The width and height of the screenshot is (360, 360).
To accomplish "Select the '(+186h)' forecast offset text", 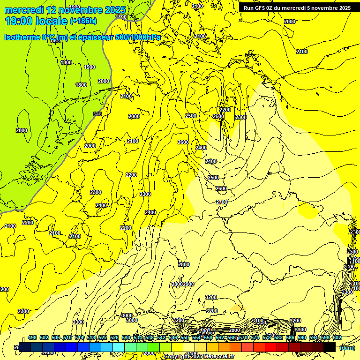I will point(83,21).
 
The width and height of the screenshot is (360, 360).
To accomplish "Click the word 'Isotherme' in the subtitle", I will point(22,37).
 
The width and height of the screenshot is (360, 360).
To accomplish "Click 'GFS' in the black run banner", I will point(263,8).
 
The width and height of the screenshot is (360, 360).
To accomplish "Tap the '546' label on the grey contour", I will point(97,114).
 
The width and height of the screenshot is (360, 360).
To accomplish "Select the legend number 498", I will point(32,337).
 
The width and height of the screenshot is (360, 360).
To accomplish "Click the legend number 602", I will point(337,337).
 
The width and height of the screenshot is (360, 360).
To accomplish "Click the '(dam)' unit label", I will point(347,348).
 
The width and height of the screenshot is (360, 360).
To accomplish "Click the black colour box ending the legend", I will point(329,347).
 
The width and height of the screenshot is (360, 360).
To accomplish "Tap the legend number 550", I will point(185,337).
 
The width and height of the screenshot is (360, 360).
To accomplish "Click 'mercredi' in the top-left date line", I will point(23,10).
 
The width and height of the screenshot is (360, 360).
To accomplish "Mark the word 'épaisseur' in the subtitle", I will point(92,37).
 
